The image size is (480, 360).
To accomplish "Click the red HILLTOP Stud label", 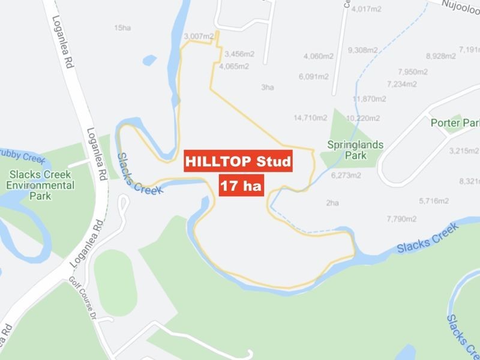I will click(x=238, y=161).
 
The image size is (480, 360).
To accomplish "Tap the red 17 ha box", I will click(x=241, y=185).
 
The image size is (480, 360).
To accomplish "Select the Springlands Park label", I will click(x=355, y=149).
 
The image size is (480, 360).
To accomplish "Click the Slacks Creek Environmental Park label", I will click(x=40, y=180).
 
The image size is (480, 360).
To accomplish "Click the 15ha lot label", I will click(x=122, y=28).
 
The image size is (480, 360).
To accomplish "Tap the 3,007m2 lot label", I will click(x=199, y=37).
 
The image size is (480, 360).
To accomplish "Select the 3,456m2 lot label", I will click(x=239, y=54).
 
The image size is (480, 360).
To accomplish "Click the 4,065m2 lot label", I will click(x=234, y=67).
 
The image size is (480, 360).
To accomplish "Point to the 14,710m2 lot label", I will click(x=310, y=118).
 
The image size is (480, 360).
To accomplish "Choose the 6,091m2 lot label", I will click(x=313, y=76).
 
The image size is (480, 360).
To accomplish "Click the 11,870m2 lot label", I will click(x=370, y=99).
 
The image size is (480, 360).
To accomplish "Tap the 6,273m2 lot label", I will click(x=346, y=176).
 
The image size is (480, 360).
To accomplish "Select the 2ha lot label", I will click(x=332, y=203).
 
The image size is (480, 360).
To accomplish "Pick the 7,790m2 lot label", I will click(x=401, y=218).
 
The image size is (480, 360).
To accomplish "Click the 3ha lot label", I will click(x=268, y=88).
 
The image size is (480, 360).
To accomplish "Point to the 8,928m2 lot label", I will click(x=441, y=56).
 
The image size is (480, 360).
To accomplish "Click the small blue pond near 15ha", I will click(x=149, y=60).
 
